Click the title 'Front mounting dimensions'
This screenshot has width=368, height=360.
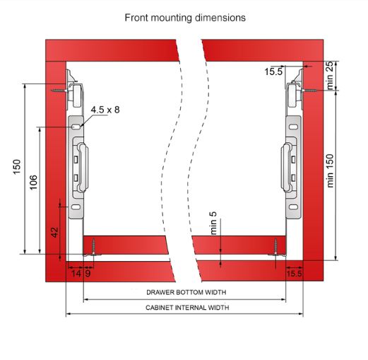[185, 18]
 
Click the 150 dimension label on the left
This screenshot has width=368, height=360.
[17, 167]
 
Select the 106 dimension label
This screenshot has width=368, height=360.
[33, 182]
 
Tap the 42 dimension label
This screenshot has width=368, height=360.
[54, 232]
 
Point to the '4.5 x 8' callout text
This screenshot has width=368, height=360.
[105, 110]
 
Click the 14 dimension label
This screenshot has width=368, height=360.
[76, 274]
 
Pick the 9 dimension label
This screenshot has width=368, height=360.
[88, 274]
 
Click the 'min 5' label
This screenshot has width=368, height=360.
[213, 223]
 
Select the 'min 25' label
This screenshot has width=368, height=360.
[330, 76]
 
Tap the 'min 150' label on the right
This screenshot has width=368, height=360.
[330, 170]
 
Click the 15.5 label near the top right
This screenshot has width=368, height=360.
[273, 71]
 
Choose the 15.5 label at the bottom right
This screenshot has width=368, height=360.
[295, 274]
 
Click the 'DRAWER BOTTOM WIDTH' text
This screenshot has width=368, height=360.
[186, 292]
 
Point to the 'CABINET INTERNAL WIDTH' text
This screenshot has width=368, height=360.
[187, 308]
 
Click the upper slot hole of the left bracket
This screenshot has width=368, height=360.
[76, 127]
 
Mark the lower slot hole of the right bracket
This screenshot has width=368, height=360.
[293, 207]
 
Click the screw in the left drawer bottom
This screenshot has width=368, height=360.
[93, 247]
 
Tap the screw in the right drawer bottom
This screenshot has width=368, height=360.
[275, 247]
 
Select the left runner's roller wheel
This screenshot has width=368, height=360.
[77, 96]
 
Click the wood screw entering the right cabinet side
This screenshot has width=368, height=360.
[309, 91]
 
